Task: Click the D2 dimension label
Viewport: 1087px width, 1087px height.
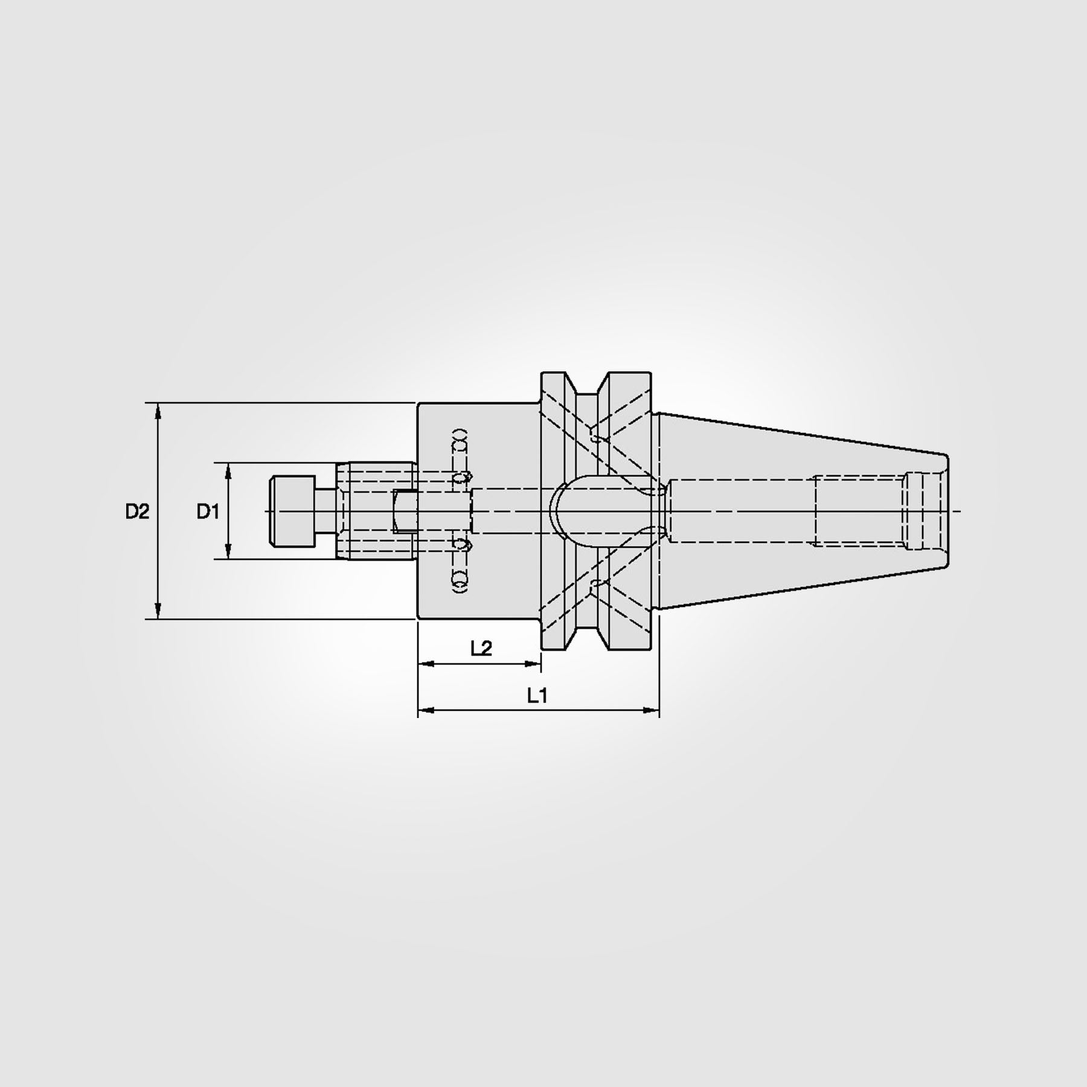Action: click(x=137, y=511)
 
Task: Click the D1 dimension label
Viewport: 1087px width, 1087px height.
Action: click(x=207, y=511)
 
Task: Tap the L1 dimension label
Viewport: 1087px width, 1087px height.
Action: click(x=537, y=696)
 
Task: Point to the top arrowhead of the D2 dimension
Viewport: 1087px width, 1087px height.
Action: click(x=158, y=410)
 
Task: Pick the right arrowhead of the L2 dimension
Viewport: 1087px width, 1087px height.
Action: click(x=533, y=664)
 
